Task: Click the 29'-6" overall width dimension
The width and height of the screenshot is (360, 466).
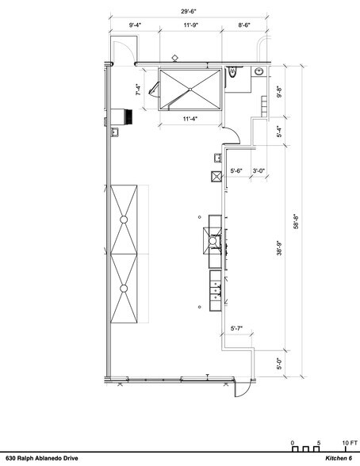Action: tap(189, 12)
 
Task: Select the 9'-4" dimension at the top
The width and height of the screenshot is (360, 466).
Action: tap(135, 25)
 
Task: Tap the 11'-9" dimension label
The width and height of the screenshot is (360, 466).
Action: tap(190, 25)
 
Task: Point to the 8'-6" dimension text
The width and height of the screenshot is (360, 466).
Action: tap(244, 25)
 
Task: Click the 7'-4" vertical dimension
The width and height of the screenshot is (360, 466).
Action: tap(139, 90)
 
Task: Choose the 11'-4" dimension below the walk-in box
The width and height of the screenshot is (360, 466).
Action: tap(190, 119)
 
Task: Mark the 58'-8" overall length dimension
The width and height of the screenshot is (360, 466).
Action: tap(296, 221)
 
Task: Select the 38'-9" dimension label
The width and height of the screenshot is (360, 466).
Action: tap(279, 248)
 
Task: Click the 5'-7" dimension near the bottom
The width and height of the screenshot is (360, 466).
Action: tap(236, 328)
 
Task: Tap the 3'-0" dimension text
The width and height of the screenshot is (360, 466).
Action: tap(259, 171)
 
